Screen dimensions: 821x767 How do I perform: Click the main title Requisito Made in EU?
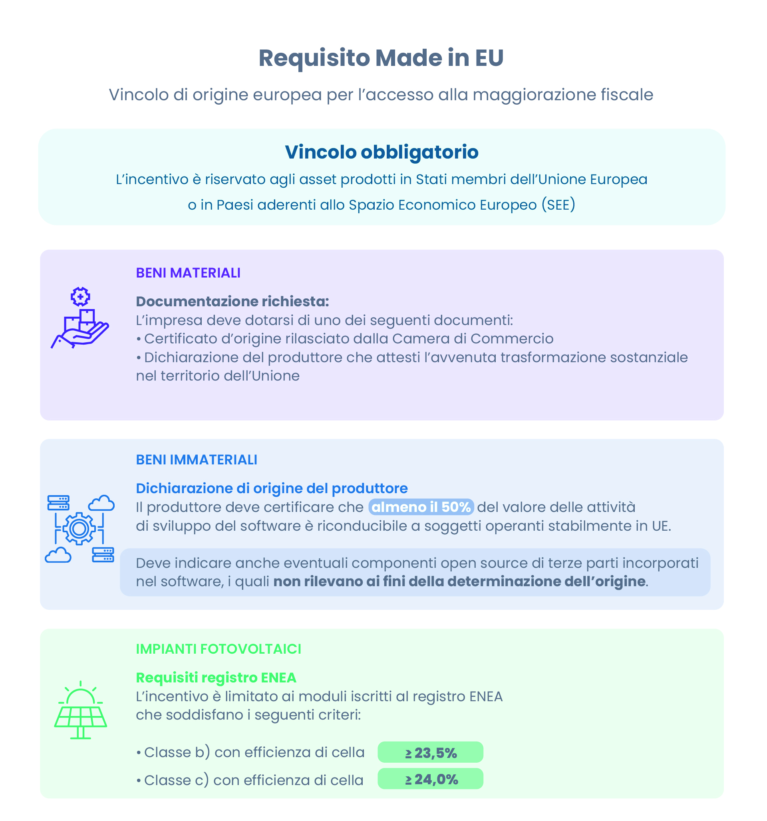(381, 58)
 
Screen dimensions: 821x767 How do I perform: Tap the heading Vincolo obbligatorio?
(382, 152)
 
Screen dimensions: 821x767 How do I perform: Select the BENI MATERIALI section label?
(188, 273)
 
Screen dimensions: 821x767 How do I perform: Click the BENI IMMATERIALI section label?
(196, 460)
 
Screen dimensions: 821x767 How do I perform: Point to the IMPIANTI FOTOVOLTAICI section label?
(218, 649)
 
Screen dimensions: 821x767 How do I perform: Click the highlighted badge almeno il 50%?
(421, 507)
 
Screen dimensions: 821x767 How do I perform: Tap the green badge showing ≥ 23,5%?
(430, 753)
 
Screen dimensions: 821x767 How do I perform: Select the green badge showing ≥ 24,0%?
(430, 779)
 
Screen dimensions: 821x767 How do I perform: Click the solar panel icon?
(81, 710)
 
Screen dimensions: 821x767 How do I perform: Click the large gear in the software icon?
(79, 529)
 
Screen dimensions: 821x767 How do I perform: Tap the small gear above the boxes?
(80, 296)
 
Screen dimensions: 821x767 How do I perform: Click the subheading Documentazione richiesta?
(232, 301)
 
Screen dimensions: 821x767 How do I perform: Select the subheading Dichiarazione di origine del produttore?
(272, 488)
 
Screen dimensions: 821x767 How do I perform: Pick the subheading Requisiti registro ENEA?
(216, 678)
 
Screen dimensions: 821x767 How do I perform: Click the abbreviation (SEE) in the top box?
(558, 205)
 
